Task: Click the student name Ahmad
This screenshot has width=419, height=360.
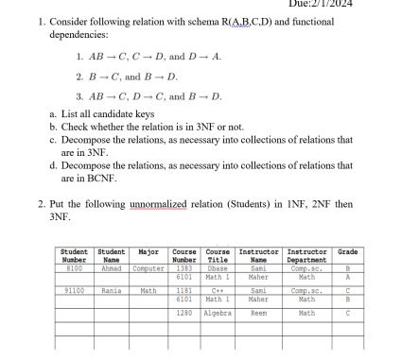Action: click(x=113, y=267)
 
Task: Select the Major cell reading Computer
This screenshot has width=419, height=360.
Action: click(x=148, y=267)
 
